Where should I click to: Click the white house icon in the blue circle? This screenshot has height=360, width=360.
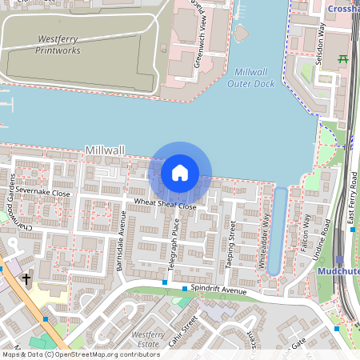tap(180, 173)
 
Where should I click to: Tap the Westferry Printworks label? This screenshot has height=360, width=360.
tap(58, 44)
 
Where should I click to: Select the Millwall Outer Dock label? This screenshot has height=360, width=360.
tap(250, 78)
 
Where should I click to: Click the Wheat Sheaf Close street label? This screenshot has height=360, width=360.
tap(165, 204)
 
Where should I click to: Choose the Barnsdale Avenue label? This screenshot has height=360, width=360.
tap(122, 240)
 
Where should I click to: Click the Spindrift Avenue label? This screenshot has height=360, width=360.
tap(222, 289)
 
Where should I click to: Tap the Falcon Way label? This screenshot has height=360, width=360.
tap(306, 232)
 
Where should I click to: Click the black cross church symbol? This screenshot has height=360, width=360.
tap(26, 279)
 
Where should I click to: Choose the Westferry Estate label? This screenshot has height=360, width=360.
tap(148, 338)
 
